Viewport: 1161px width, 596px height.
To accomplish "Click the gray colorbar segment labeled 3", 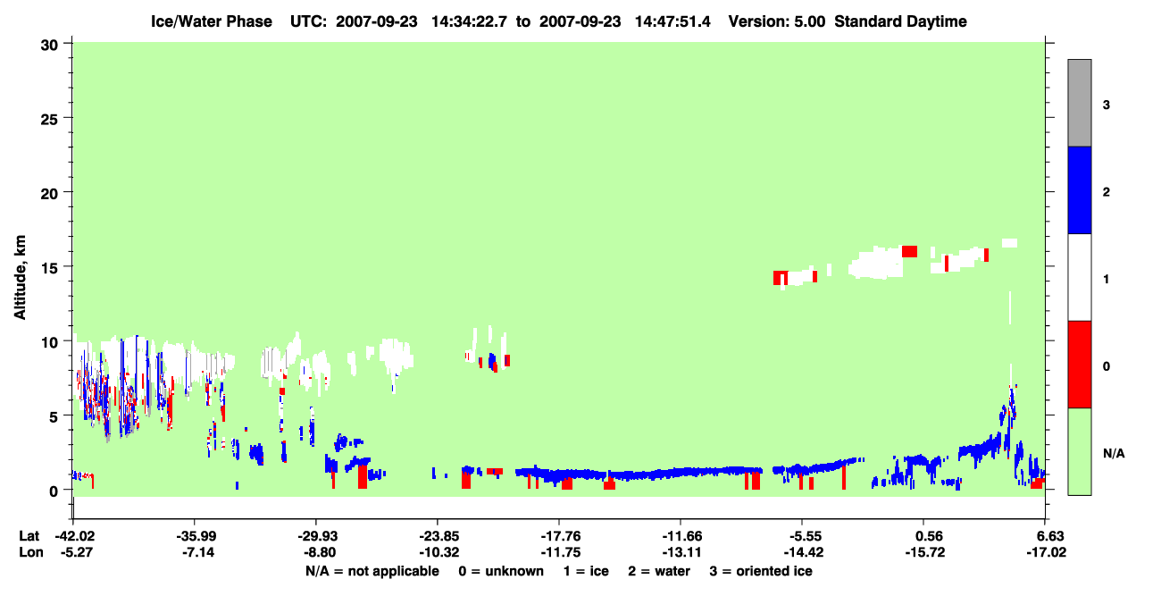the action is [1079, 103].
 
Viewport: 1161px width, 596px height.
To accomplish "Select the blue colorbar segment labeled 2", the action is [1079, 189].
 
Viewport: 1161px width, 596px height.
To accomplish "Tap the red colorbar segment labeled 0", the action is [1079, 365].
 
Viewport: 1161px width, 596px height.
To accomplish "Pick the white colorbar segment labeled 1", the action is [1079, 277].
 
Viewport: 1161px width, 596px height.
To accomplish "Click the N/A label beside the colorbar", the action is [1114, 453].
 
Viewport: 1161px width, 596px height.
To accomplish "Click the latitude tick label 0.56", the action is [925, 536].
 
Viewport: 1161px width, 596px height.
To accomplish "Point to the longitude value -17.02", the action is [1047, 552].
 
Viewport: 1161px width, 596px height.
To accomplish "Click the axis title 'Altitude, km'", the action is [20, 278].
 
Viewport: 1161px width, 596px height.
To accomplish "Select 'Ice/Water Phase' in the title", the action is [212, 21].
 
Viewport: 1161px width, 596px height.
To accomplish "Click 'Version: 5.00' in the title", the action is [776, 21].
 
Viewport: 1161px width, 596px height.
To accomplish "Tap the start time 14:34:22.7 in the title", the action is [469, 21].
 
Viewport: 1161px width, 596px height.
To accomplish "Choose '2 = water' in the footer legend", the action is [659, 571].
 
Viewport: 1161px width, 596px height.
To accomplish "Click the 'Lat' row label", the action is [29, 536].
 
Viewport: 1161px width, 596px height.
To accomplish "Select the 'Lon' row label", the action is [30, 552].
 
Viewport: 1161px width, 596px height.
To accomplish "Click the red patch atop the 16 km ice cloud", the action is [909, 252].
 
